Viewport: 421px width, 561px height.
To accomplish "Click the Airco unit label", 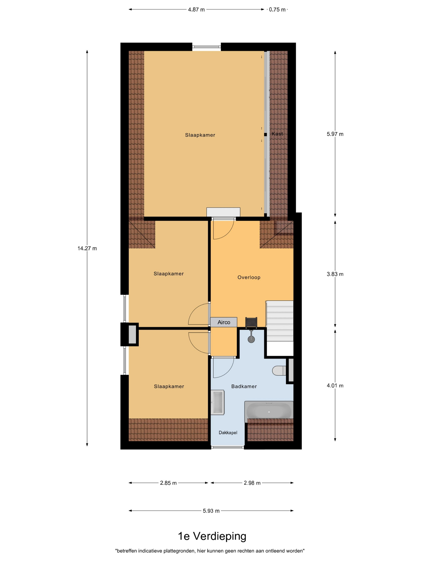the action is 224,322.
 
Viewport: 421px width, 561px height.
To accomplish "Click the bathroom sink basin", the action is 218,402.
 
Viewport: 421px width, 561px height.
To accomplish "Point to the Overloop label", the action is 249,277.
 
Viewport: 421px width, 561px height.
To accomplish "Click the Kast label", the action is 277,134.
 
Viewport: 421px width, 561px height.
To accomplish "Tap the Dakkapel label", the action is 228,432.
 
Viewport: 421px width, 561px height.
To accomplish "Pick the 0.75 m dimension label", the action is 277,10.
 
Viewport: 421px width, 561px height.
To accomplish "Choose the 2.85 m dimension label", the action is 168,483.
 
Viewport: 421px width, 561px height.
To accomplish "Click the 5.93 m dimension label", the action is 211,511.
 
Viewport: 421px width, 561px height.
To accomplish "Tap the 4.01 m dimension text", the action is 335,385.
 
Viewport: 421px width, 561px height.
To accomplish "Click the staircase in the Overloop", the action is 279,321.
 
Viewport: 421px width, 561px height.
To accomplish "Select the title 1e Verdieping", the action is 212,536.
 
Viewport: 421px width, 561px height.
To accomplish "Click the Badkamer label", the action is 244,386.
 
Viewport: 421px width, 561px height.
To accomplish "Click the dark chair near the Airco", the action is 251,323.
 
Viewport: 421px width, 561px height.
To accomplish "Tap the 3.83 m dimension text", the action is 335,274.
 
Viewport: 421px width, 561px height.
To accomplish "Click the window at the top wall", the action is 206,47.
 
